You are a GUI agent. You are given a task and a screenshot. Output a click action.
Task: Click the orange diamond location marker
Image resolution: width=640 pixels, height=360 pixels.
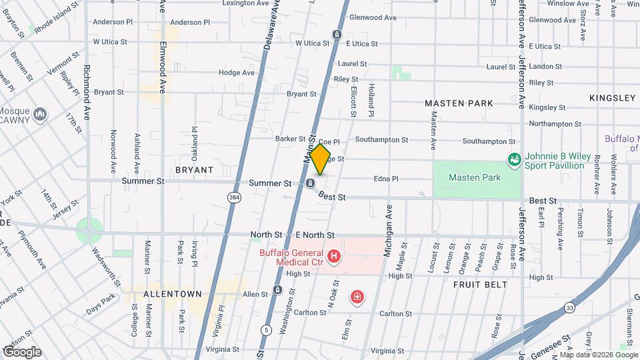pyautogui.click(x=320, y=160)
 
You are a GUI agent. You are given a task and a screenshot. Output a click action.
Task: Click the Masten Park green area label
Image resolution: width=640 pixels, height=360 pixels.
pyautogui.click(x=474, y=178)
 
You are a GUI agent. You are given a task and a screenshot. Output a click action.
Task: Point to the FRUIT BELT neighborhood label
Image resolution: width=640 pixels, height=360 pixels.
pyautogui.click(x=481, y=285)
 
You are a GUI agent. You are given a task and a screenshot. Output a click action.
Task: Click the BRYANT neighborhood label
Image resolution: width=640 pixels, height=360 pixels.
pyautogui.click(x=194, y=170)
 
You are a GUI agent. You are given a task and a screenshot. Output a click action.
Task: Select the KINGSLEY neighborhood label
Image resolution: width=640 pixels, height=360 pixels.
pyautogui.click(x=612, y=98)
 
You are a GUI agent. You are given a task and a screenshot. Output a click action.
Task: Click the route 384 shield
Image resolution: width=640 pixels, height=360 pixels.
pyautogui.click(x=233, y=197)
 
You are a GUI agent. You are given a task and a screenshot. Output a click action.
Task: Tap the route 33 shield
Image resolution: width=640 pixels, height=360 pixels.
pyautogui.click(x=569, y=307)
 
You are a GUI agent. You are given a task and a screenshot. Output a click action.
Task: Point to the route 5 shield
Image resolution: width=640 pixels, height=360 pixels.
pyautogui.click(x=267, y=329)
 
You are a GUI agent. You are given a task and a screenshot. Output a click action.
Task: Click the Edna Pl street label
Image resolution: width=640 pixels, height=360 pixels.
pyautogui.click(x=386, y=179)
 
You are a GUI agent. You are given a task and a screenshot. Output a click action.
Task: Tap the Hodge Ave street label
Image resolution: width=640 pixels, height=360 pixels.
pyautogui.click(x=237, y=73)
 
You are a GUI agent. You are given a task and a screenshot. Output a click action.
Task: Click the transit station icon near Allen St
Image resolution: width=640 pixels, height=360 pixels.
pyautogui.click(x=278, y=291)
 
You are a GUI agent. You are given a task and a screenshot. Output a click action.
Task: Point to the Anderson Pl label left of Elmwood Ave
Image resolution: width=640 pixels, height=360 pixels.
pyautogui.click(x=113, y=22)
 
